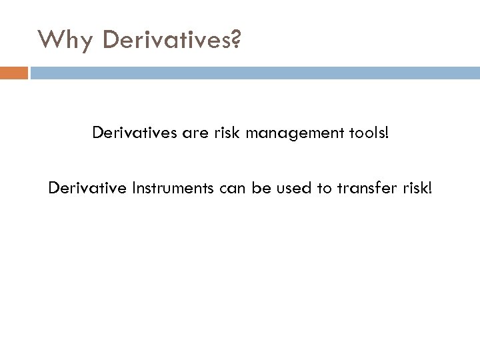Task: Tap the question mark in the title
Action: click(x=237, y=40)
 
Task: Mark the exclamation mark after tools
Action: click(x=385, y=134)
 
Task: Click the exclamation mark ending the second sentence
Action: click(x=429, y=189)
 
